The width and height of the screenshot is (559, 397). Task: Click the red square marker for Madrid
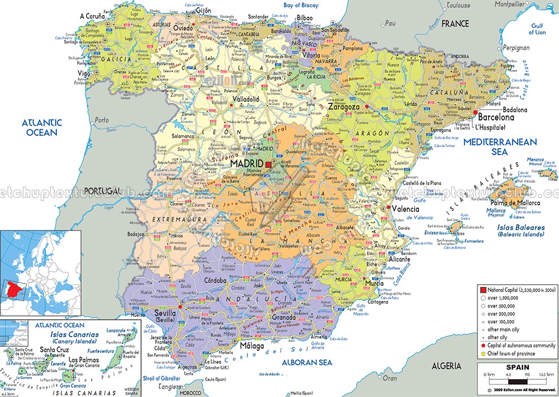268,164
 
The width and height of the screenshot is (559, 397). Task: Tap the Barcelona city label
495,118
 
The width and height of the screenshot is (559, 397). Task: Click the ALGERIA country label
446,366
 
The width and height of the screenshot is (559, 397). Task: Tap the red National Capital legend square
482,290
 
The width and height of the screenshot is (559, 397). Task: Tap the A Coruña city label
93,16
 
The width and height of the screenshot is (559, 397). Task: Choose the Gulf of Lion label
537,29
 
